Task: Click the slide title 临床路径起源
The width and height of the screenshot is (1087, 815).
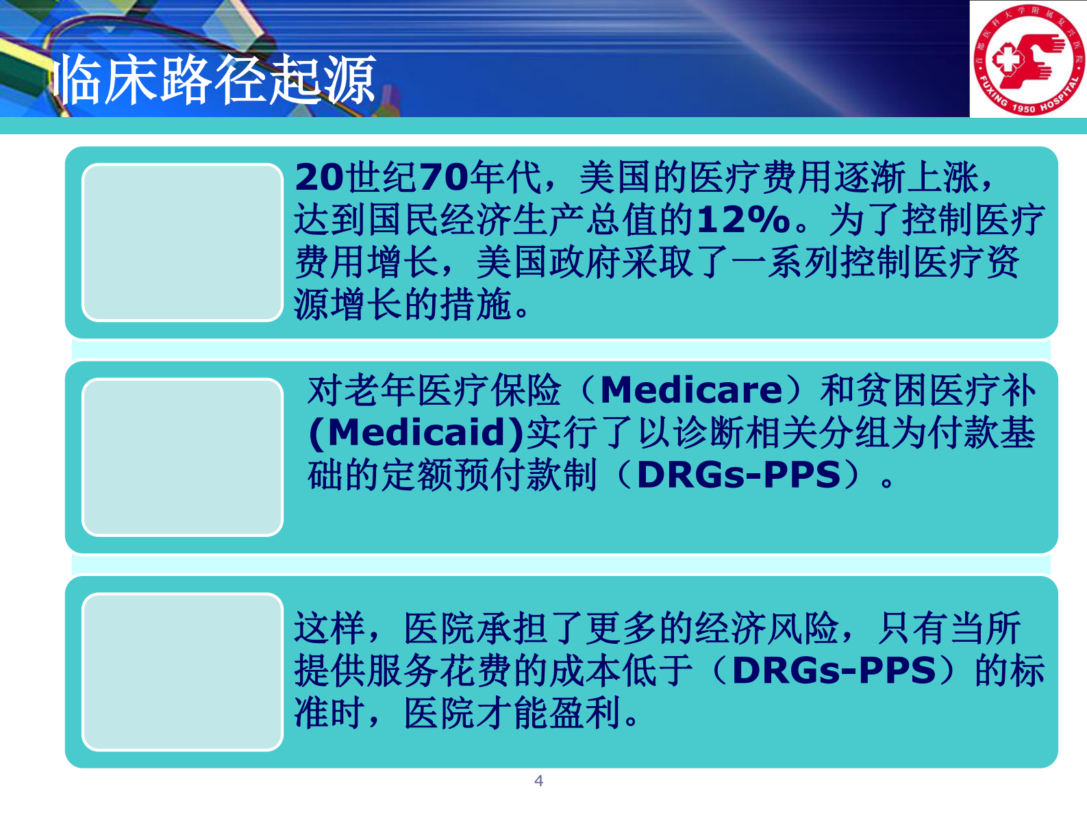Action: [x=214, y=80]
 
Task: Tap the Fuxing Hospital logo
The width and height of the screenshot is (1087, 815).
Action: [x=1028, y=60]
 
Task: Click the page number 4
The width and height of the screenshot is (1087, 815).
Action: [x=539, y=781]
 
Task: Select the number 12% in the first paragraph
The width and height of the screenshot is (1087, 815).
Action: [x=744, y=221]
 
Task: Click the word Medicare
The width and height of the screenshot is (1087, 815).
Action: [x=691, y=390]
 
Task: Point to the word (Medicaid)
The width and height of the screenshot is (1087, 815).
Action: [x=416, y=433]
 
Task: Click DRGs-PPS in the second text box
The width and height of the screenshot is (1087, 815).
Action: [x=738, y=475]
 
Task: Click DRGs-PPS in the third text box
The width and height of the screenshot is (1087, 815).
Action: [x=834, y=670]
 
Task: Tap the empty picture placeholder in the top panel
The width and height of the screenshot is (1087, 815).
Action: [x=182, y=242]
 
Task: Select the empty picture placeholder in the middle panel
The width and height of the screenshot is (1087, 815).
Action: [x=182, y=457]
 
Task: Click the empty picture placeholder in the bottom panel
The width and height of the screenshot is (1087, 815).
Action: [x=182, y=672]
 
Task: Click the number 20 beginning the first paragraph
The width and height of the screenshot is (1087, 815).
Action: [x=318, y=178]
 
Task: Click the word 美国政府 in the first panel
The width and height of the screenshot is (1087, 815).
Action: [x=549, y=263]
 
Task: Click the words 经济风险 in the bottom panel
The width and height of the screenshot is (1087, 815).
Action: [x=766, y=628]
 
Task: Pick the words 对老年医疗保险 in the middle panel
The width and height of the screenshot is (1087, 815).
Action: [x=434, y=390]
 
